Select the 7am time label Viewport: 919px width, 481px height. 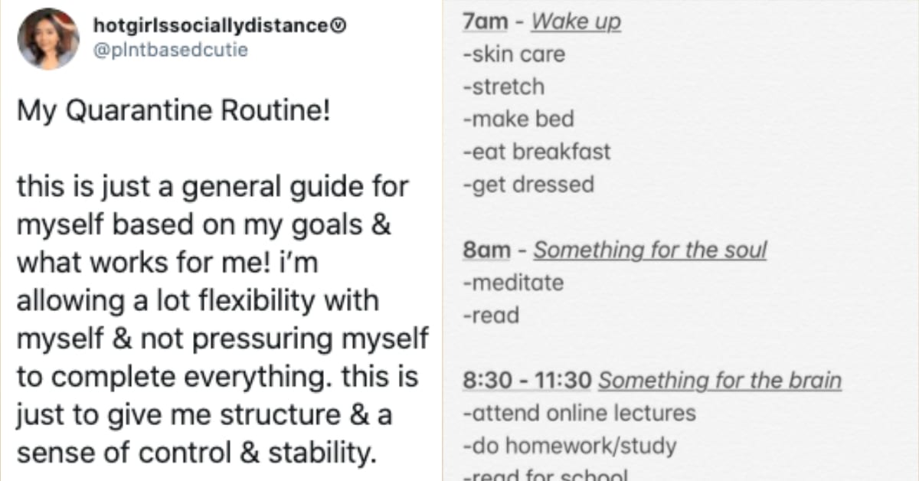click(x=486, y=22)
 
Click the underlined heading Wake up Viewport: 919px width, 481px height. click(x=576, y=22)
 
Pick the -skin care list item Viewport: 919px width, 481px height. click(x=514, y=55)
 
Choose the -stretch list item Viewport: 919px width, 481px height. click(x=504, y=87)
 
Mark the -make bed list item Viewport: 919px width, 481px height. click(x=518, y=119)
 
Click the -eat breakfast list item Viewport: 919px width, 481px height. click(x=537, y=152)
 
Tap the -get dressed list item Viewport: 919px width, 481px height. click(x=528, y=185)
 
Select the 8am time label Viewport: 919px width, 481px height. click(x=486, y=250)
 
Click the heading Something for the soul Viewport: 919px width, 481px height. click(x=650, y=250)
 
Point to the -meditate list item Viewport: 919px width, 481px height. click(x=513, y=283)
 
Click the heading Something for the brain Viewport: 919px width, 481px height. click(x=719, y=381)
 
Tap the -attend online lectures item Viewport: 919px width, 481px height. click(x=580, y=414)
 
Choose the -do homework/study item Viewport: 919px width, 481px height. click(x=570, y=446)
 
